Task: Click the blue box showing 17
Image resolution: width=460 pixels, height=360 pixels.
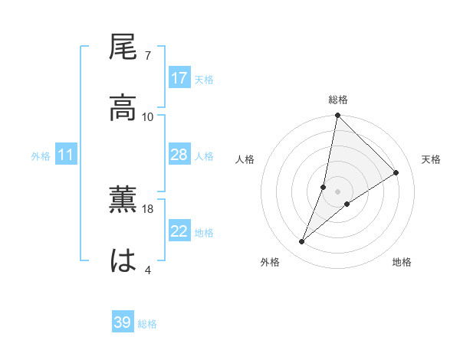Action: pyautogui.click(x=179, y=78)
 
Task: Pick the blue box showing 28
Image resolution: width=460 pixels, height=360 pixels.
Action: pyautogui.click(x=179, y=155)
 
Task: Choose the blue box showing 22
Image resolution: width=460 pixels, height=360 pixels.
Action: pyautogui.click(x=179, y=231)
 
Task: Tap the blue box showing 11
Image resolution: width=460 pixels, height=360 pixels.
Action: pyautogui.click(x=66, y=155)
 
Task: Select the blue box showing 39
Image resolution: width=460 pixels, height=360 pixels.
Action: pyautogui.click(x=123, y=322)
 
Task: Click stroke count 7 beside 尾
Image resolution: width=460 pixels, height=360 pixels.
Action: pyautogui.click(x=147, y=56)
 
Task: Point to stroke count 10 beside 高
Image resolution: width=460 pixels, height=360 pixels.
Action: pyautogui.click(x=148, y=116)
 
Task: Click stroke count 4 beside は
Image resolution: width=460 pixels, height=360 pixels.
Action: pyautogui.click(x=147, y=270)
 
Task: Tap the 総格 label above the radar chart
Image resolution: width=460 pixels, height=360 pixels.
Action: pyautogui.click(x=338, y=100)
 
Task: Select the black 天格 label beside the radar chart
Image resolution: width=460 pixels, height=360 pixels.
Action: pyautogui.click(x=432, y=159)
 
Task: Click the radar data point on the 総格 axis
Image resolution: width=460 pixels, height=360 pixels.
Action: pyautogui.click(x=337, y=116)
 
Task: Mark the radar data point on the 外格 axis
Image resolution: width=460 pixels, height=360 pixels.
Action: pyautogui.click(x=302, y=242)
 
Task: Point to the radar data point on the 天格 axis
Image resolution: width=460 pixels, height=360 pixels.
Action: pyautogui.click(x=396, y=172)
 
